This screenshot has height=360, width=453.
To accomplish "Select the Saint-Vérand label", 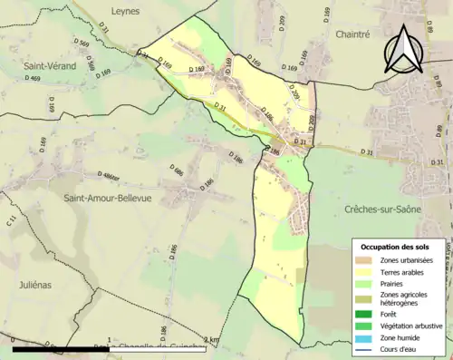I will [x=48, y=66].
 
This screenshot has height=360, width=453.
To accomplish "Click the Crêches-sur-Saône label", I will [x=383, y=209].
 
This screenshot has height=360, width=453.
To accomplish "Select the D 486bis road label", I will [x=106, y=175].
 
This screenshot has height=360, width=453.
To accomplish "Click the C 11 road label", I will [x=12, y=219].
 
